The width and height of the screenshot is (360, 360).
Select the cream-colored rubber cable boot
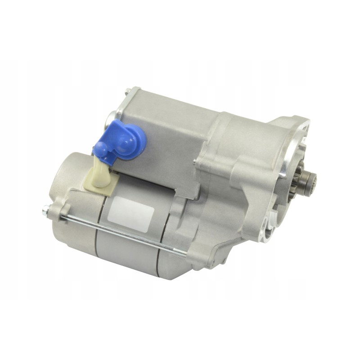101,173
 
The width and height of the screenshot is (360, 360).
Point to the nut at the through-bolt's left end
46,210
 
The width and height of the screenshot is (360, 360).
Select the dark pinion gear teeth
307,183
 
